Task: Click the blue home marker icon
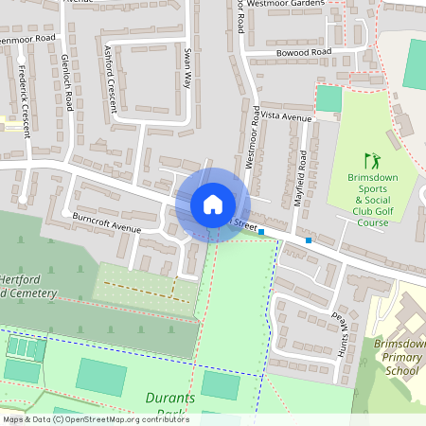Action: (x=212, y=204)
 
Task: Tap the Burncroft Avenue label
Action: (x=106, y=223)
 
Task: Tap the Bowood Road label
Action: (x=304, y=51)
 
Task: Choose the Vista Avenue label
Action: (x=285, y=116)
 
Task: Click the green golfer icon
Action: (x=370, y=162)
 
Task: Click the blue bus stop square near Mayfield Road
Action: (x=309, y=240)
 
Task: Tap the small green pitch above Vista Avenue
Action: (x=328, y=98)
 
